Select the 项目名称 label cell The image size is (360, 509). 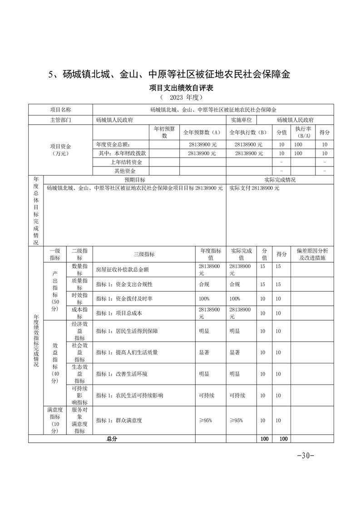[60, 110]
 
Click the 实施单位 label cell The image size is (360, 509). [242, 120]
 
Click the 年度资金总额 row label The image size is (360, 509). [114, 144]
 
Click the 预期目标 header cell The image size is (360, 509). [135, 180]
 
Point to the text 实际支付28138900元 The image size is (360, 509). [255, 188]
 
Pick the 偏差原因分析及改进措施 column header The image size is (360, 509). [312, 254]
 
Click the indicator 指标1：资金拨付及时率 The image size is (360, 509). [124, 299]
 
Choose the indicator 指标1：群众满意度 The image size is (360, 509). [119, 421]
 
